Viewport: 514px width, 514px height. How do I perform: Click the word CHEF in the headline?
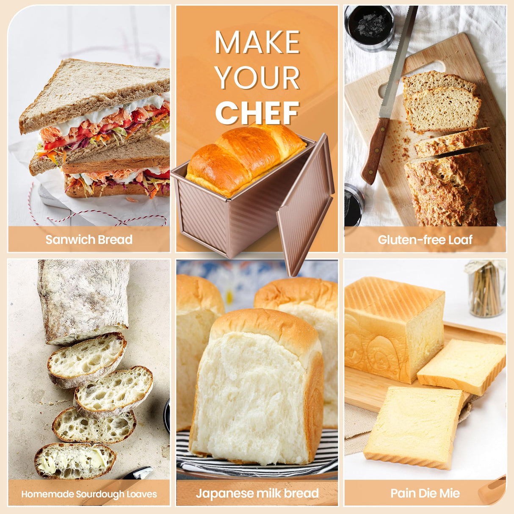coord(257,113)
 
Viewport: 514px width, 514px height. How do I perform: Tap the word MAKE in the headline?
coord(258,42)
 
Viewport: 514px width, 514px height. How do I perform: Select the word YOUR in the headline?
coord(258,77)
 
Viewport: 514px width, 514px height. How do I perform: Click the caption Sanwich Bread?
coord(89,240)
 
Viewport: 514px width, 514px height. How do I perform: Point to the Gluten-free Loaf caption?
coord(425,240)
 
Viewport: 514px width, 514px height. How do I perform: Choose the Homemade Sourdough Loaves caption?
coord(89,494)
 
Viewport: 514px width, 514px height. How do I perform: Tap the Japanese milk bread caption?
coord(257,493)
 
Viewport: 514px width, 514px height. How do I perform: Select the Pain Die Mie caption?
coord(425,493)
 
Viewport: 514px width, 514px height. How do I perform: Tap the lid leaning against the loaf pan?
coord(305,205)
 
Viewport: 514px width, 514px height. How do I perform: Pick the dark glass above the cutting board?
coord(369,27)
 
